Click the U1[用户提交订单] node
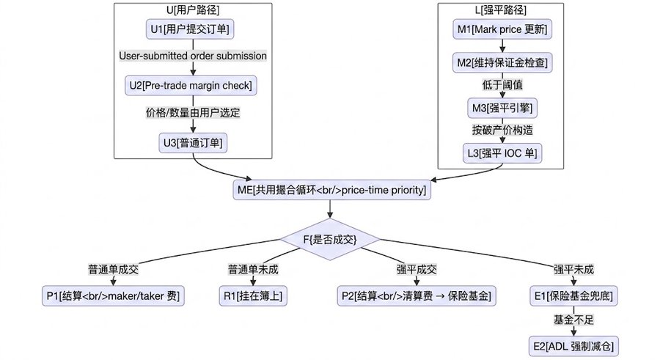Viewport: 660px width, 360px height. (x=190, y=29)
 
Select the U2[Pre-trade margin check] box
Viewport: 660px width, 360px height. (x=191, y=86)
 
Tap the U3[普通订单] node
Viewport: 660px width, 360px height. (x=193, y=143)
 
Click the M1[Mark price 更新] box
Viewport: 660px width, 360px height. (x=502, y=29)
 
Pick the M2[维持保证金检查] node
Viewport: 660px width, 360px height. (x=502, y=63)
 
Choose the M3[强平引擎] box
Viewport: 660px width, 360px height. (x=502, y=109)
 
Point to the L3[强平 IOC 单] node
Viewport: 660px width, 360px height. (x=502, y=153)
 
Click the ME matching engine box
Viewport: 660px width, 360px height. (x=331, y=190)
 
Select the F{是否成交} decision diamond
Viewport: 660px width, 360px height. (x=330, y=240)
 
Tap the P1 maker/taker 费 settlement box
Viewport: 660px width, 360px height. (x=113, y=296)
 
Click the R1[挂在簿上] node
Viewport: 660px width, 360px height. (x=253, y=296)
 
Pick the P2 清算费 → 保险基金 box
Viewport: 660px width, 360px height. (x=417, y=296)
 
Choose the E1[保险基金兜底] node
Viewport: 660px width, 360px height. (x=573, y=296)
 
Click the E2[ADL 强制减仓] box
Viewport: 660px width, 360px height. (x=573, y=347)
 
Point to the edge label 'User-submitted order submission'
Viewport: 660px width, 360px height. (x=193, y=56)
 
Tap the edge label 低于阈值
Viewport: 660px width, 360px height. (x=502, y=85)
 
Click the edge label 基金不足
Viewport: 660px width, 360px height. (x=573, y=320)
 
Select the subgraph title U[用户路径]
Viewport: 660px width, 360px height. (x=193, y=10)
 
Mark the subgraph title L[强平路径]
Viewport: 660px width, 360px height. (x=500, y=10)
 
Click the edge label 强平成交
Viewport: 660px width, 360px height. (x=417, y=270)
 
